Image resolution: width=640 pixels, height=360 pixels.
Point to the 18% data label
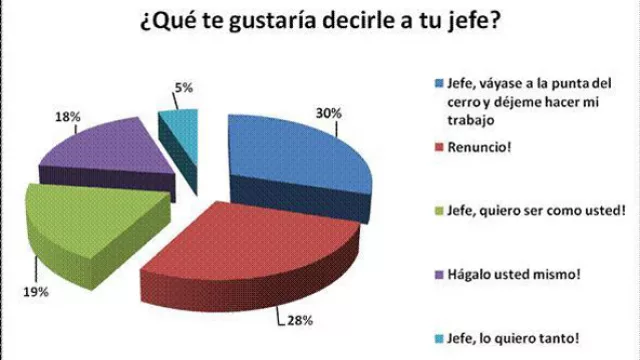[x=68, y=118]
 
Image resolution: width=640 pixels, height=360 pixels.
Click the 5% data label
[x=184, y=88]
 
